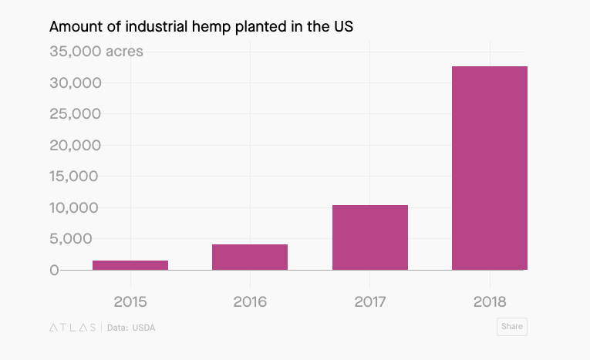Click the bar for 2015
tap(130, 265)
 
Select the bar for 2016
tap(250, 257)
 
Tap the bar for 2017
tap(370, 237)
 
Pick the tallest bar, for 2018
tap(490, 168)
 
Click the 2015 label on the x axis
tap(130, 301)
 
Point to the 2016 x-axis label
tap(250, 301)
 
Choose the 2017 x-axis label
tap(370, 301)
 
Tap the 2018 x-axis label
tap(490, 301)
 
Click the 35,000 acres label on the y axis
tap(96, 52)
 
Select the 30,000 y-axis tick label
tap(76, 83)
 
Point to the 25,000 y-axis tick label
tap(76, 114)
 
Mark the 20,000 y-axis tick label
tap(76, 146)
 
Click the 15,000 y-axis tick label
tap(76, 177)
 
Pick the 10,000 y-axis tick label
tap(76, 208)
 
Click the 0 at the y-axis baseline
tap(54, 270)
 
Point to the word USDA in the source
tap(144, 327)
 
